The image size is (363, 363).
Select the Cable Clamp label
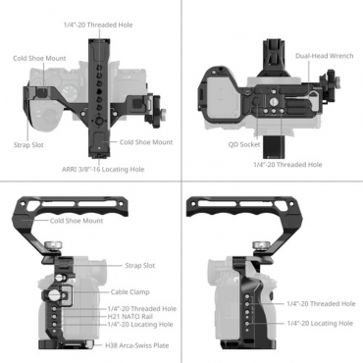point(130,291)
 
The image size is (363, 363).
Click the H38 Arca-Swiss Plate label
point(133,345)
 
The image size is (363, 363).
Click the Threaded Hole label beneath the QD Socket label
point(286,164)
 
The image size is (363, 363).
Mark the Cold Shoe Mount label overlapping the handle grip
point(77,221)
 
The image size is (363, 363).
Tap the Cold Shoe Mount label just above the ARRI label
point(146,142)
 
